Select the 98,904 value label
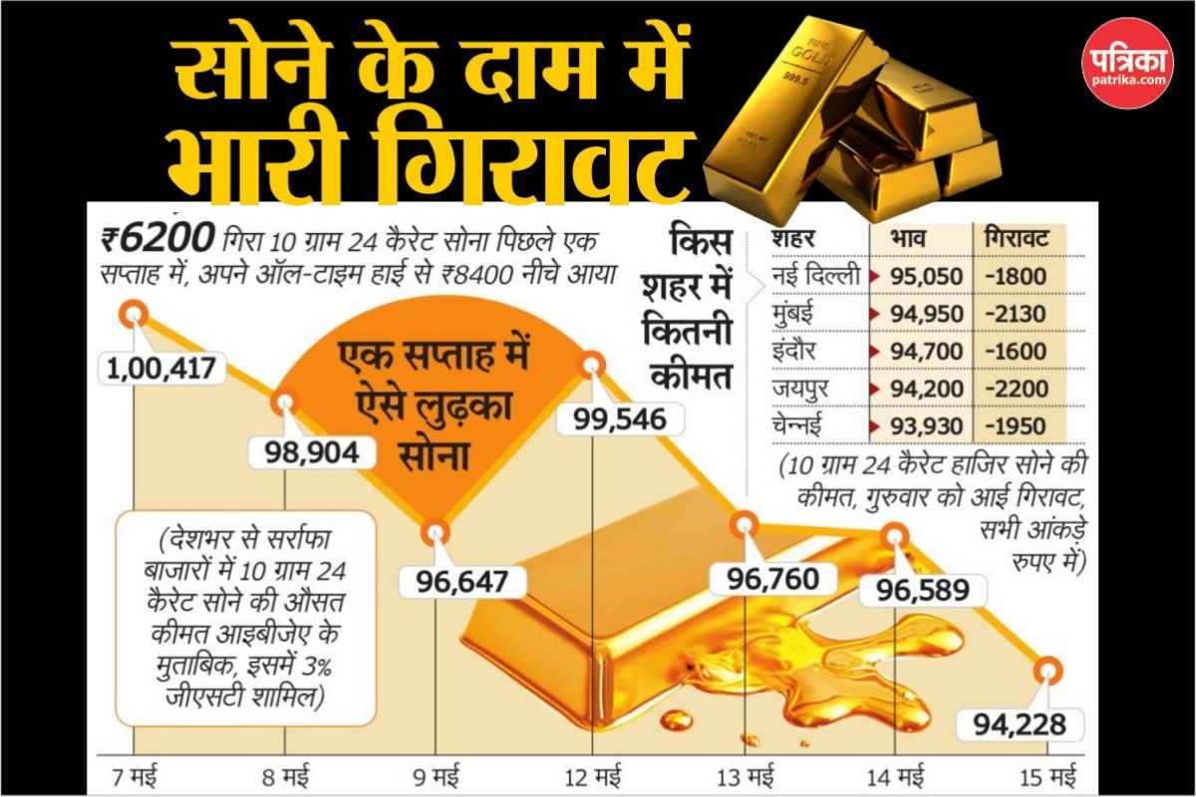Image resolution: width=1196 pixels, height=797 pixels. (x=306, y=451)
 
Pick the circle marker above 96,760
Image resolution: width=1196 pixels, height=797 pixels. (x=744, y=524)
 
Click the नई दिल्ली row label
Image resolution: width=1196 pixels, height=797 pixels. (x=816, y=277)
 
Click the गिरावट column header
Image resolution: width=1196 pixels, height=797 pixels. (x=1019, y=240)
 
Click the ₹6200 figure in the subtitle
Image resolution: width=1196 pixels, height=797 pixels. (x=158, y=240)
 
